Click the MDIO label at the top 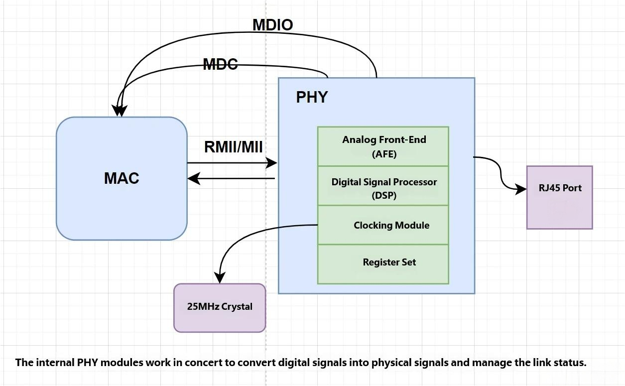pos(272,25)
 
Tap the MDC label pos(220,64)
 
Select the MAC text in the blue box pos(122,178)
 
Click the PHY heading pos(312,97)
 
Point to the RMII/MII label pos(233,147)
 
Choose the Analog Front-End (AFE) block pos(383,146)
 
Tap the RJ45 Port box pos(560,198)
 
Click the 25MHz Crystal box pos(220,307)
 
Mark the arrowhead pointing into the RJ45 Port pos(521,189)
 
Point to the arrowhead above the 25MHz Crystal pos(220,277)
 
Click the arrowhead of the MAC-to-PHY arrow pos(271,162)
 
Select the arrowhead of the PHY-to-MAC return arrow pos(194,178)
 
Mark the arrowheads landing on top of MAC pos(120,111)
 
